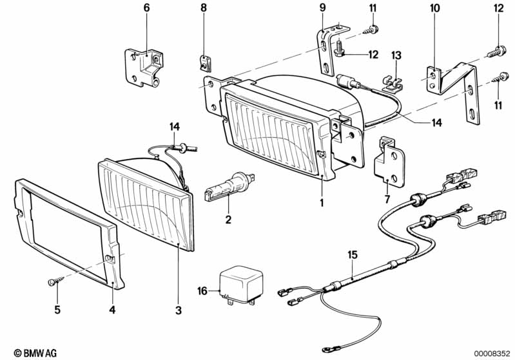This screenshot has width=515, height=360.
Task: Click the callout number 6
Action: [x=146, y=8]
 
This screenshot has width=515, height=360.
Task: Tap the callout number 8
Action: [x=204, y=8]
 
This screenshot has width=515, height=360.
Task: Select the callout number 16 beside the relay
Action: [x=202, y=290]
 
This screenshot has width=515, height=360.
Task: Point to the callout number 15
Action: [x=353, y=255]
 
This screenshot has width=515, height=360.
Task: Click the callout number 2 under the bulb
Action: [x=228, y=219]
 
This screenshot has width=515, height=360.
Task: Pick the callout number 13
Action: [x=396, y=55]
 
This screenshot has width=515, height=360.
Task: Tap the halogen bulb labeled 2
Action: [x=229, y=187]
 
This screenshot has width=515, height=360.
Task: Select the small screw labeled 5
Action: [x=56, y=281]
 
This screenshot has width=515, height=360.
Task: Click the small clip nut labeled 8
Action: [x=206, y=64]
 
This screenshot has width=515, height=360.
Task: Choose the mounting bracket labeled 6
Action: [x=144, y=68]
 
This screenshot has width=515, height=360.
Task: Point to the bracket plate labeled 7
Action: [x=389, y=161]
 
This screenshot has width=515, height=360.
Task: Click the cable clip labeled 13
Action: [x=392, y=84]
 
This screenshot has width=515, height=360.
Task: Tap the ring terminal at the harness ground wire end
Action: [x=327, y=350]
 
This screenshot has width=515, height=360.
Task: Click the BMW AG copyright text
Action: [x=35, y=353]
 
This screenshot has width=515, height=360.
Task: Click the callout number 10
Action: [x=434, y=8]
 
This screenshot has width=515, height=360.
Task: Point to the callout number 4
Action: [x=112, y=310]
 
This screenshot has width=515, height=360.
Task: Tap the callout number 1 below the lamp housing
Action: [x=322, y=203]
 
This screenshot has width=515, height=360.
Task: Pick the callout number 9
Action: [x=322, y=8]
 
